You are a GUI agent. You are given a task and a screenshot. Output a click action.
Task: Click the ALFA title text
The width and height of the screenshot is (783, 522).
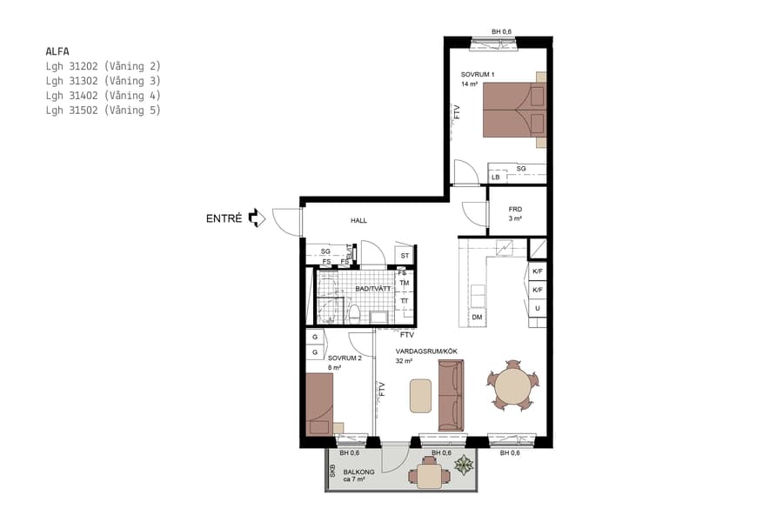click(x=58, y=51)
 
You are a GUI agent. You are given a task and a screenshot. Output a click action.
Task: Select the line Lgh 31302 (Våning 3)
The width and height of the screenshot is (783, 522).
click(x=104, y=81)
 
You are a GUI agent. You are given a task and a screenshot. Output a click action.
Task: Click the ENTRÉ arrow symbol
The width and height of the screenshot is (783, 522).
click(x=256, y=218)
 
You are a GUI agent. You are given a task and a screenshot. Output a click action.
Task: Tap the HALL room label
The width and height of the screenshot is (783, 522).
click(x=358, y=221)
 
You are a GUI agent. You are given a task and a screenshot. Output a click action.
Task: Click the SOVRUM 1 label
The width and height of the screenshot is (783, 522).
click(x=478, y=75)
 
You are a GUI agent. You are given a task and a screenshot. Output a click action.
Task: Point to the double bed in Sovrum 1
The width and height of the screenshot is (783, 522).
click(x=512, y=110)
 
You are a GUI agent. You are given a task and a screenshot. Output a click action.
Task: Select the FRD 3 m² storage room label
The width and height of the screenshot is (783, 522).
click(x=515, y=214)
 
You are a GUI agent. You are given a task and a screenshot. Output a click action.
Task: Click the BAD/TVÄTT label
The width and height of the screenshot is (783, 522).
click(x=372, y=288)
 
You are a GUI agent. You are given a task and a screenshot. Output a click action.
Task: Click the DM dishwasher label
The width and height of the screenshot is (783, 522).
click(x=477, y=318)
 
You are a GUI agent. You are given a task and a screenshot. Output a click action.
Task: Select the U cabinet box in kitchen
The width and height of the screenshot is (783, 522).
click(x=538, y=309)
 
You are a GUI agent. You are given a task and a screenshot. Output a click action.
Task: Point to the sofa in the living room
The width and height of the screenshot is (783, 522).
click(x=451, y=394)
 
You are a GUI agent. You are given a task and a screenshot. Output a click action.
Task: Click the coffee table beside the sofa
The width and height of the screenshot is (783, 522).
click(x=422, y=394)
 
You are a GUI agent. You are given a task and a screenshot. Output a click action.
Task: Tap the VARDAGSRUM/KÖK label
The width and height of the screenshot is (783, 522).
click(x=426, y=351)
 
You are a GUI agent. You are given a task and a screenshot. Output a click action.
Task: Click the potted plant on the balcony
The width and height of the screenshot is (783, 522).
click(x=465, y=466)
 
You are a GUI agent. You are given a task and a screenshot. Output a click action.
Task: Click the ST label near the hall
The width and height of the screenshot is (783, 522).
click(x=405, y=256)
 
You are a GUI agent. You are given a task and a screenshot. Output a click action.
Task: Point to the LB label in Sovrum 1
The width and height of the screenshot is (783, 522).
click(x=496, y=177)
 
